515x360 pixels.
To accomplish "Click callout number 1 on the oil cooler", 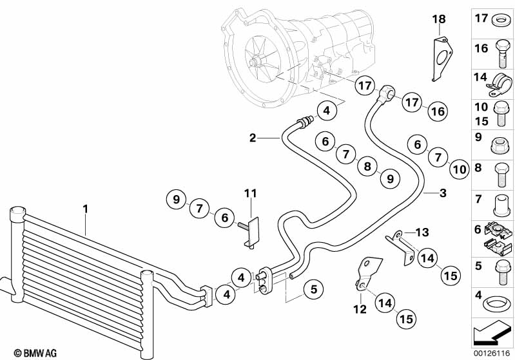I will [84, 209].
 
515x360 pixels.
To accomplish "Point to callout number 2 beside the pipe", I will [253, 137].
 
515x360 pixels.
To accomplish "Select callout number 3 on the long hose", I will [442, 193].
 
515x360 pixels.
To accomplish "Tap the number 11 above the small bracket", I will [250, 193].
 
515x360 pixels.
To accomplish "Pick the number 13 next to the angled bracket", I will [422, 232].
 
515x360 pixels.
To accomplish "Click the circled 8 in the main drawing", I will [367, 167].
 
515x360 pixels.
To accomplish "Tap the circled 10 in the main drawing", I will [458, 169].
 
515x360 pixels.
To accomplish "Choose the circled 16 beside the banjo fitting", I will [438, 111].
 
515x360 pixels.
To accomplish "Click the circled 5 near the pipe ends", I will [313, 290].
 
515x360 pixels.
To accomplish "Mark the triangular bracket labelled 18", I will [441, 59].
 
